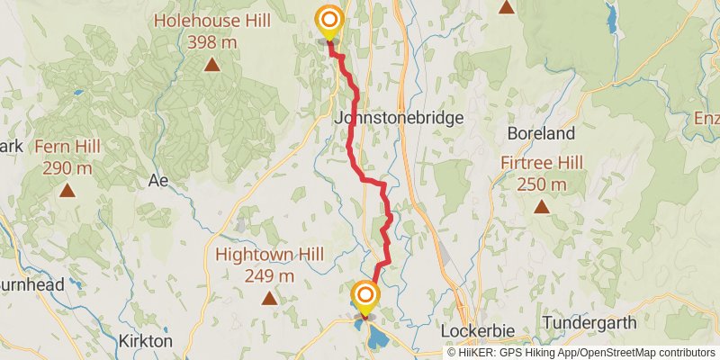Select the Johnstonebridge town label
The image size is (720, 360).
399,118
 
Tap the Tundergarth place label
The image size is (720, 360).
589,322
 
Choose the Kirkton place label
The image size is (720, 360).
145,341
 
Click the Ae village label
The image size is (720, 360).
158,180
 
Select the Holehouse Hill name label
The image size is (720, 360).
211,20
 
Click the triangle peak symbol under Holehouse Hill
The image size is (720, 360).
211,64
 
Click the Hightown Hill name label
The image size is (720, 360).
268,255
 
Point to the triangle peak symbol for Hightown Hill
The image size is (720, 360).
268,298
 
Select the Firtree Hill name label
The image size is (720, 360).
542,163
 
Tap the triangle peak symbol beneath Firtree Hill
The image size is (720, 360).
542,207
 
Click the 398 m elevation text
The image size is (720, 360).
211,41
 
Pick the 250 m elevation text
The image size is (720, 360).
542,184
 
